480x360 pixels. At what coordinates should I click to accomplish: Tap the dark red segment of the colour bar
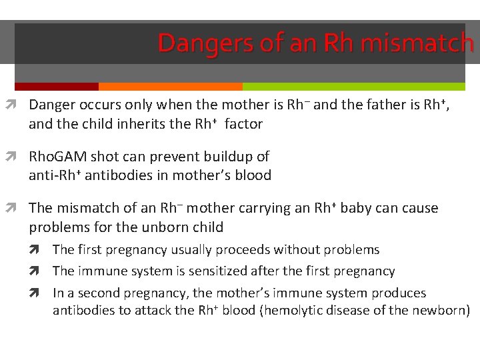click(56, 87)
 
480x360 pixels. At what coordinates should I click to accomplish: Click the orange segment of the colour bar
click(170, 87)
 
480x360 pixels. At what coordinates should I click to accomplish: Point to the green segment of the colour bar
click(353, 87)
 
